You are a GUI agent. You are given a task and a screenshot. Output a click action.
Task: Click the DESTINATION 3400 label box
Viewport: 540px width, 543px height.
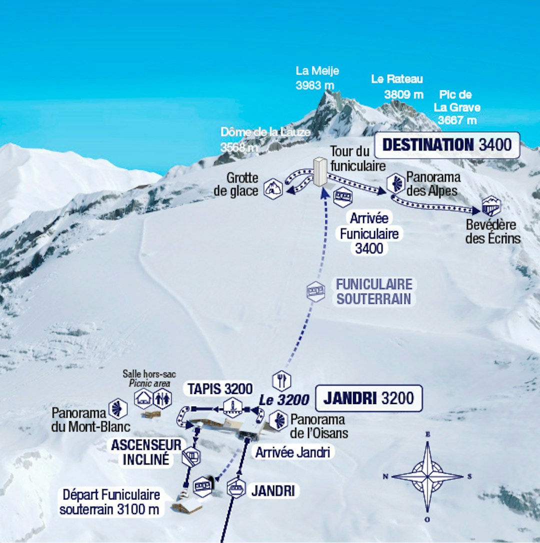[447, 145]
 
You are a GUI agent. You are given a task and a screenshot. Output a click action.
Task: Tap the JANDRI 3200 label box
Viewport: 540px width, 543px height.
[369, 398]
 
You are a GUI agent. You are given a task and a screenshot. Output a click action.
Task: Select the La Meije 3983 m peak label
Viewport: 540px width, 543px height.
[317, 78]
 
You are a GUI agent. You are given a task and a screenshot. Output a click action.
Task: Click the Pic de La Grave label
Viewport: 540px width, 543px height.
[456, 107]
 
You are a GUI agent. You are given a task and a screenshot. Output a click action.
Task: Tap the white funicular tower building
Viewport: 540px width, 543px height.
[319, 171]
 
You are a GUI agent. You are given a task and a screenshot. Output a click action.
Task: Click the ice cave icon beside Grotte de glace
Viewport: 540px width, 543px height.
[273, 189]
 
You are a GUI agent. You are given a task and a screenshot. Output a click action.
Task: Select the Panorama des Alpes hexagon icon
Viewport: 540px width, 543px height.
[395, 183]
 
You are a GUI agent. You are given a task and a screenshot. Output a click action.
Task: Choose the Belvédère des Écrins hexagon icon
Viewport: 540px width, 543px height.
[491, 206]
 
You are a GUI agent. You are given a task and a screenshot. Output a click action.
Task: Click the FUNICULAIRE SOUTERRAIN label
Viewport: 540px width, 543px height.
[374, 291]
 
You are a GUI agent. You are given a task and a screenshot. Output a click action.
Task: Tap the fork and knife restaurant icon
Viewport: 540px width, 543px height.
[281, 381]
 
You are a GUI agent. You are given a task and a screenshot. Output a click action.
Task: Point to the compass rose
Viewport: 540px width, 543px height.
[427, 476]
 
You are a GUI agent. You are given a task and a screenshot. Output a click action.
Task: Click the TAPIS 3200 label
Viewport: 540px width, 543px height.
[219, 388]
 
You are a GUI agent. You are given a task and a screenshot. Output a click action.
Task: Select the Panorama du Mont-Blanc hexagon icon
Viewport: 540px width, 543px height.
[118, 408]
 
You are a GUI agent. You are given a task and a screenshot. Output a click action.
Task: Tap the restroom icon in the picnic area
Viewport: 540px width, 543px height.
[162, 398]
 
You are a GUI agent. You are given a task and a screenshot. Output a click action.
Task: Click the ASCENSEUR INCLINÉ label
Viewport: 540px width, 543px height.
[146, 452]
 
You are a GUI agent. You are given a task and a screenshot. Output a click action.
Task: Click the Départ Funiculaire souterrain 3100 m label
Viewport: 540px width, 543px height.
[111, 502]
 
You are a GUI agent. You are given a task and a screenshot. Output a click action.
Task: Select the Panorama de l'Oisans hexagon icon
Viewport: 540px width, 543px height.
[278, 420]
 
